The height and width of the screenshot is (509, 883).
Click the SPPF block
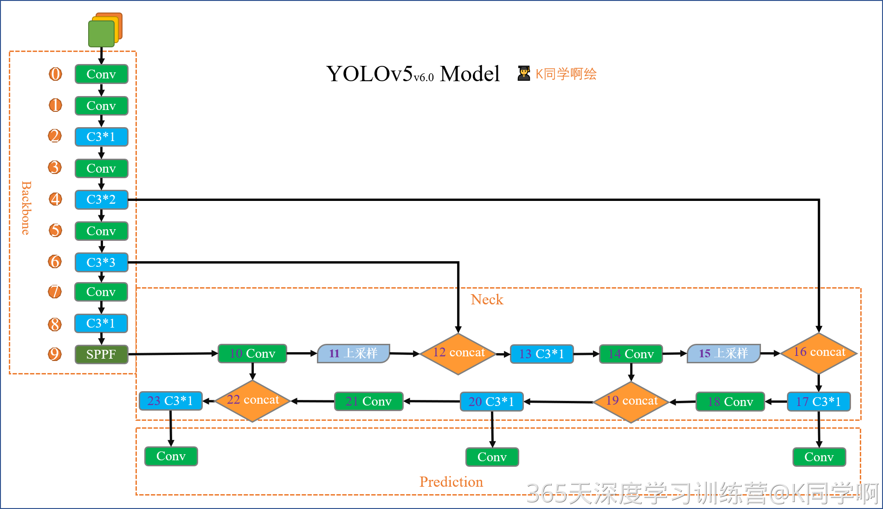pyautogui.click(x=101, y=354)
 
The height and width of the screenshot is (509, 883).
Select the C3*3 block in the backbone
pyautogui.click(x=101, y=262)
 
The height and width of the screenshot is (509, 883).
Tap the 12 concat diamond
pyautogui.click(x=458, y=354)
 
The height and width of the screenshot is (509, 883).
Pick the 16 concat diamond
pyautogui.click(x=819, y=353)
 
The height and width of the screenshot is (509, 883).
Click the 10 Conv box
pyautogui.click(x=252, y=354)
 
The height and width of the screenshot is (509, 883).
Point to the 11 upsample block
pyautogui.click(x=353, y=354)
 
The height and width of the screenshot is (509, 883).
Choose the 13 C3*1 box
pyautogui.click(x=541, y=354)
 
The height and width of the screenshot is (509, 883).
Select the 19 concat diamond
pyautogui.click(x=631, y=401)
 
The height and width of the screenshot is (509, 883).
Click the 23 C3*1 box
pyautogui.click(x=170, y=401)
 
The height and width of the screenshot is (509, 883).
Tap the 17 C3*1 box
pyautogui.click(x=819, y=401)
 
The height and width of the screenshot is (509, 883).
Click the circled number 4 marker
pyautogui.click(x=55, y=199)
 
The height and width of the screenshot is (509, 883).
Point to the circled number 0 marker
pyautogui.click(x=55, y=74)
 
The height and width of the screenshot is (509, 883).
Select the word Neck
pyautogui.click(x=487, y=300)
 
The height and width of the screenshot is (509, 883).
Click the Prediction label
pyautogui.click(x=451, y=482)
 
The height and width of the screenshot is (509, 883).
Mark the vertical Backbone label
pyautogui.click(x=26, y=208)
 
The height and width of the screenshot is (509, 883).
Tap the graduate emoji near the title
pyautogui.click(x=524, y=73)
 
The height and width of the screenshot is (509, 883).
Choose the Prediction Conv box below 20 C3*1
pyautogui.click(x=492, y=457)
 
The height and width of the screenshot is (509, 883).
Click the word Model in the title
pyautogui.click(x=470, y=74)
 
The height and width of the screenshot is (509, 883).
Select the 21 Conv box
pyautogui.click(x=368, y=401)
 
